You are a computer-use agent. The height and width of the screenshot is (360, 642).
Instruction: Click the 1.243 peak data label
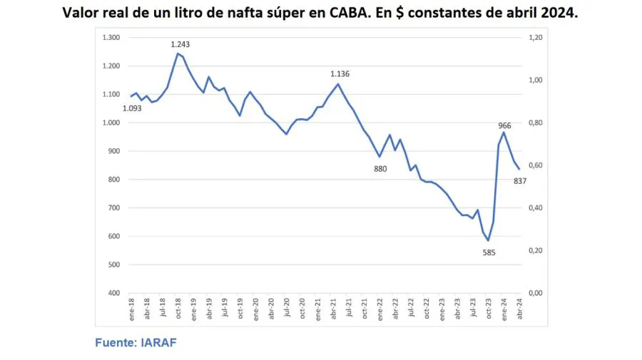(x=180, y=44)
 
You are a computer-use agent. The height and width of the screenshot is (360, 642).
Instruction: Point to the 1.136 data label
(x=340, y=73)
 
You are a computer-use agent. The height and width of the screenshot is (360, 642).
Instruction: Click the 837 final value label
(x=520, y=180)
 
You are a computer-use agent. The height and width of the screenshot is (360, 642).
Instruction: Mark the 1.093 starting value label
(x=132, y=108)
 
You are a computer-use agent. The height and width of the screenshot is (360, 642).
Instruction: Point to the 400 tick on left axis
(x=114, y=293)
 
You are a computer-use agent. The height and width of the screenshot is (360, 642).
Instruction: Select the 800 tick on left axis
(x=114, y=180)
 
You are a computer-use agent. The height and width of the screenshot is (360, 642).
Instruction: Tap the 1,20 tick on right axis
(x=536, y=38)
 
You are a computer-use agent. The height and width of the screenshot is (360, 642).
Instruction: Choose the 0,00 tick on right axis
(x=536, y=293)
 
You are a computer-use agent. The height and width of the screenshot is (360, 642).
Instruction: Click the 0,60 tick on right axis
(x=536, y=165)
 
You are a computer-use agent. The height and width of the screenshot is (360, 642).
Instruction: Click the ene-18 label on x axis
(x=131, y=307)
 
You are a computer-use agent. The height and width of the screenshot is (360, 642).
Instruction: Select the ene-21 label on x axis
(x=317, y=307)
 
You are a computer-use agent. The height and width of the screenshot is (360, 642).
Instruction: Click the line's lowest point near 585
(x=489, y=240)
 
